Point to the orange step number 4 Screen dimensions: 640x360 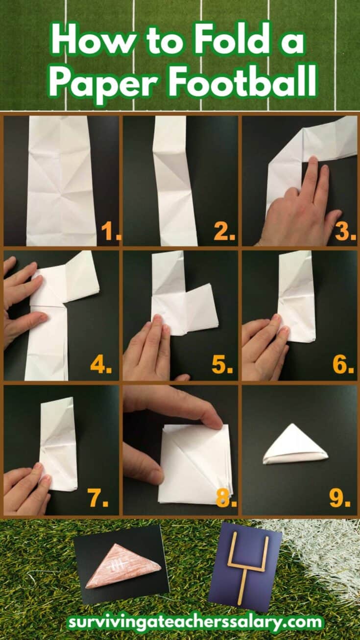tap(100, 365)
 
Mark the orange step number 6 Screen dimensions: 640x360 tap(342, 365)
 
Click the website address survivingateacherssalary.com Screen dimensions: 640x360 tap(195, 622)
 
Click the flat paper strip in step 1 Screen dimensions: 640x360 tap(61, 181)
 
